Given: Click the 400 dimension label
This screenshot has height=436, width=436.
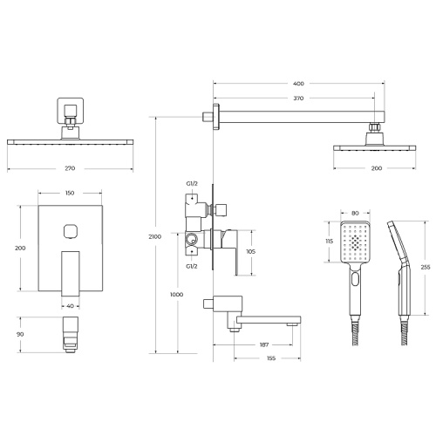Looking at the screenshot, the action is pyautogui.click(x=298, y=84).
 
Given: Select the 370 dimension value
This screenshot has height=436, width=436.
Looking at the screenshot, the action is pyautogui.click(x=298, y=99).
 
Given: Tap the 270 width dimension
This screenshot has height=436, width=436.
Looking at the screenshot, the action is pyautogui.click(x=70, y=168).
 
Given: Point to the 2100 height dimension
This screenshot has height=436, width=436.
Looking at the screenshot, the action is pyautogui.click(x=155, y=236).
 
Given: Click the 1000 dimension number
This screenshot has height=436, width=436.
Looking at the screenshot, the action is pyautogui.click(x=177, y=295).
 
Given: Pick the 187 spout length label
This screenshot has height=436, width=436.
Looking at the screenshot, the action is pyautogui.click(x=263, y=344).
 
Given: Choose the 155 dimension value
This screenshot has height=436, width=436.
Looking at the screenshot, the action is pyautogui.click(x=270, y=358).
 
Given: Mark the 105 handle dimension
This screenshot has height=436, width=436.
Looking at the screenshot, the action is pyautogui.click(x=250, y=251).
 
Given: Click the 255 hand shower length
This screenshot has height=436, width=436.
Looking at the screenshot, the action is pyautogui.click(x=426, y=268).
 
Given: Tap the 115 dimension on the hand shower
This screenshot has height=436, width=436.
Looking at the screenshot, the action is pyautogui.click(x=330, y=242).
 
